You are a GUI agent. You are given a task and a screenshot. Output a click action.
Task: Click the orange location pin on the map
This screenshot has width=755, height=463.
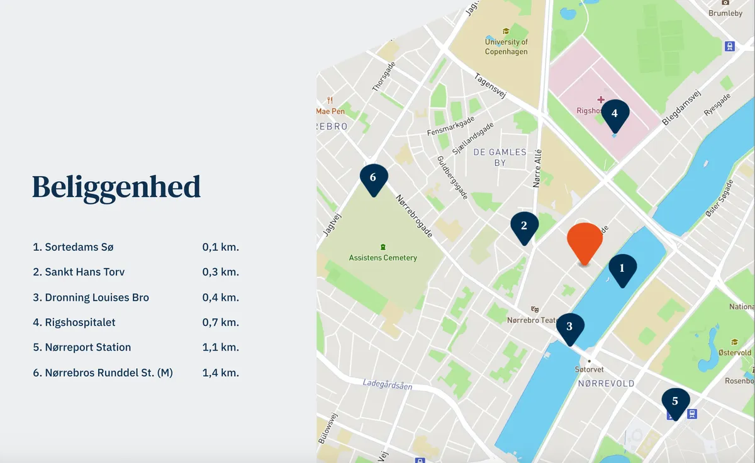pyautogui.click(x=584, y=242)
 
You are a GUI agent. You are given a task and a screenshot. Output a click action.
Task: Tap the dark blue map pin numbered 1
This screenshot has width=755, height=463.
pyautogui.click(x=622, y=269)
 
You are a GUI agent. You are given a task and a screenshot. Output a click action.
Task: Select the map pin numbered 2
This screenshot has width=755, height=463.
pyautogui.click(x=523, y=226)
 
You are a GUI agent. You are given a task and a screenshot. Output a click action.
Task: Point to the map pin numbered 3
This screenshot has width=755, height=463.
pyautogui.click(x=569, y=327)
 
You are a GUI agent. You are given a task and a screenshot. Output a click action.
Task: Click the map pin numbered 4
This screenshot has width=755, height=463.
pyautogui.click(x=615, y=115)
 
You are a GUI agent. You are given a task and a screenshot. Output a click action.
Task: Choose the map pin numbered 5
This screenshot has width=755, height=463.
pyautogui.click(x=675, y=402)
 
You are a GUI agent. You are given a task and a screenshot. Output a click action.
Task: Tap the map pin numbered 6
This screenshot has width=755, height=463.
pyautogui.click(x=373, y=179)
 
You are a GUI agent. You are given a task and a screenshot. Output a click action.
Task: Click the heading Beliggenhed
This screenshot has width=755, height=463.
pyautogui.click(x=116, y=187)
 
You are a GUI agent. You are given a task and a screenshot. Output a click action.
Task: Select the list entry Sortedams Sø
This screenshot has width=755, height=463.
pyautogui.click(x=74, y=247)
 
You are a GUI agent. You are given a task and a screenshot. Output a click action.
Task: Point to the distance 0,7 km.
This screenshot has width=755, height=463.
pyautogui.click(x=220, y=323)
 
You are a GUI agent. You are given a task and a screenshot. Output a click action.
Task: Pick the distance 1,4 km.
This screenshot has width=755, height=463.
pyautogui.click(x=220, y=373)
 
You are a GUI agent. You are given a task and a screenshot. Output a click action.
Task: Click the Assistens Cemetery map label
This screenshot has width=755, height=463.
pyautogui.click(x=383, y=257)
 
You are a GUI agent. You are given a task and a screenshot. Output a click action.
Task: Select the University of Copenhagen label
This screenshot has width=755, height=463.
pyautogui.click(x=506, y=47)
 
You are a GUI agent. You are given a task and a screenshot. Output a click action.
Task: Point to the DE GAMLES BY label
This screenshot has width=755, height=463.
pyautogui.click(x=500, y=157)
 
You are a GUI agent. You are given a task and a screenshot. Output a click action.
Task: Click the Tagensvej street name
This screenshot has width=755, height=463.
pyautogui.click(x=491, y=87)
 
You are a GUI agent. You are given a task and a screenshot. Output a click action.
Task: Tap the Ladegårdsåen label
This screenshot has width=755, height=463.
pyautogui.click(x=388, y=384)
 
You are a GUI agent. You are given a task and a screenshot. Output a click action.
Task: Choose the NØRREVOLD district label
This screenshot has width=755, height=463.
pyautogui.click(x=606, y=383)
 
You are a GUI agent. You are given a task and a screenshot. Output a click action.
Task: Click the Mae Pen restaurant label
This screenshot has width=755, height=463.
pyautogui.click(x=330, y=111)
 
